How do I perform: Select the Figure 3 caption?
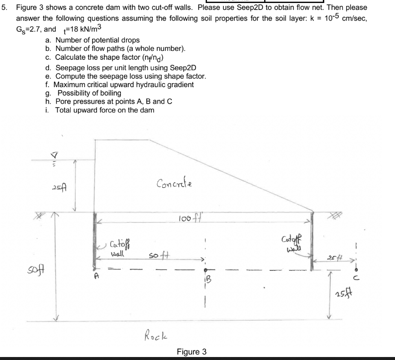pos(192,352)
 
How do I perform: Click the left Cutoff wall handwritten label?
pos(118,245)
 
